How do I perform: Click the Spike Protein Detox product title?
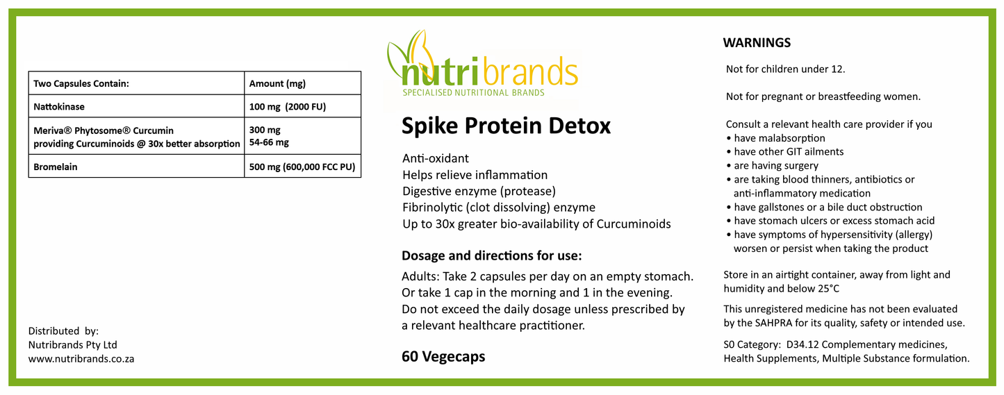(506, 126)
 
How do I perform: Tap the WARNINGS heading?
(757, 43)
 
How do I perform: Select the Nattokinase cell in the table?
(59, 107)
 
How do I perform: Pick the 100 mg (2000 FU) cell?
(287, 107)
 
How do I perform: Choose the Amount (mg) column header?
(277, 83)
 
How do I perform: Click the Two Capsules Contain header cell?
(81, 83)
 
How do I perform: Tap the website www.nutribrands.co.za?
(81, 359)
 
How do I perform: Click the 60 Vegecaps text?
(443, 357)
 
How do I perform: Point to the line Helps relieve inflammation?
(475, 175)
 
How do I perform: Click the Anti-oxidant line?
(435, 159)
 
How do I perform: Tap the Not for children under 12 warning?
(785, 69)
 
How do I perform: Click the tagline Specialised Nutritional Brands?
(474, 92)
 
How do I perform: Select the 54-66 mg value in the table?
(270, 142)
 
